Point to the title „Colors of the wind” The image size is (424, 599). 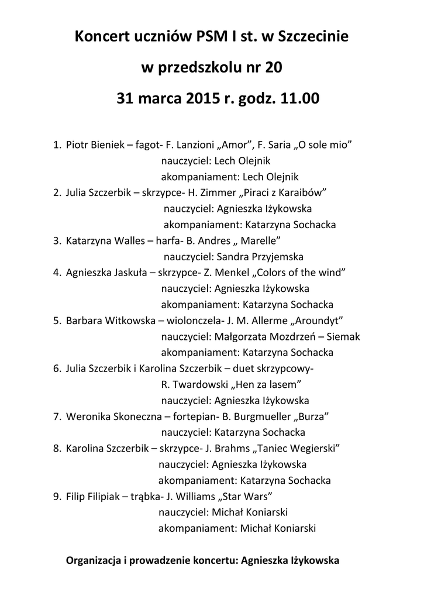click(x=300, y=272)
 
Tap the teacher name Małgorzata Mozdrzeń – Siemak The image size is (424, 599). click(x=287, y=336)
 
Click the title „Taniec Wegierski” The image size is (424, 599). click(x=297, y=449)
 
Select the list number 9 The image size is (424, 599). click(x=56, y=497)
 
